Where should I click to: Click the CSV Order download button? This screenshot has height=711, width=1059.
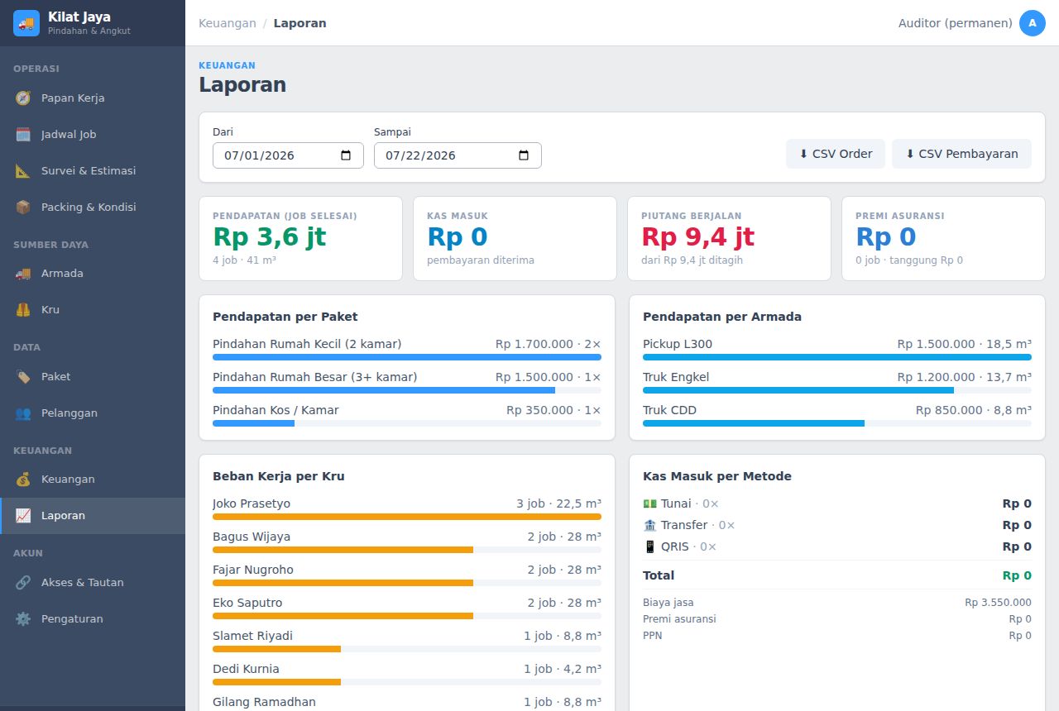coord(836,154)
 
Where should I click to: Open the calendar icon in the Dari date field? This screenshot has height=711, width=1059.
coord(346,155)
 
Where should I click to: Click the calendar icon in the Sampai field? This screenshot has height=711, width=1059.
coord(524,155)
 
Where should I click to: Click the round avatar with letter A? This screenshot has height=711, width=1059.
coord(1032,23)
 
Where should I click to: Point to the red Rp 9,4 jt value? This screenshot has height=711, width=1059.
coord(697,236)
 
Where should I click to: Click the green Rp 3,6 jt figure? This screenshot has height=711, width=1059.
coord(270,236)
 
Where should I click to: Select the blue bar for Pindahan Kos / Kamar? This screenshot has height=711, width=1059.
coord(253,423)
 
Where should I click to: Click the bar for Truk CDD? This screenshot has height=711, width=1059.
coord(754,423)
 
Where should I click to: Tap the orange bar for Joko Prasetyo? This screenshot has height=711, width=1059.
coord(407,517)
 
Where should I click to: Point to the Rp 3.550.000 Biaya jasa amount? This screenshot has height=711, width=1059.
coord(998,603)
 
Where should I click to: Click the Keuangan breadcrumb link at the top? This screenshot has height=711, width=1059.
coord(228,23)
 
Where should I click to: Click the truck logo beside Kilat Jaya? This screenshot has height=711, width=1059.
coord(26,23)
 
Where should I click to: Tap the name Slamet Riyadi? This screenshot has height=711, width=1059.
coord(252,636)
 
